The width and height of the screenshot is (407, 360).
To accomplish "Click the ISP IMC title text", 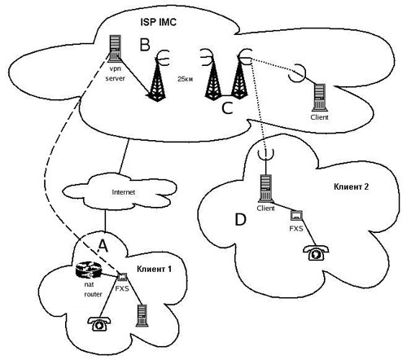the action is click(x=158, y=22).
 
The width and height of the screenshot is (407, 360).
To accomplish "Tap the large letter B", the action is click(x=145, y=45).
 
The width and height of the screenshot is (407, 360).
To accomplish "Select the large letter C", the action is click(x=227, y=108).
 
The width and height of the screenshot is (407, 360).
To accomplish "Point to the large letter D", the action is click(x=240, y=220).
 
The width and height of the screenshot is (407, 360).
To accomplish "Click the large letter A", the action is click(x=103, y=246).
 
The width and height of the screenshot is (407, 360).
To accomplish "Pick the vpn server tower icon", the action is click(x=115, y=49).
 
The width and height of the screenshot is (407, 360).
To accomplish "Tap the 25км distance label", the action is click(x=186, y=80).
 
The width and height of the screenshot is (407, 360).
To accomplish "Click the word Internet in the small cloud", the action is click(x=123, y=192).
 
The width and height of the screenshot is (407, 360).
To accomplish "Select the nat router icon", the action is click(x=89, y=270).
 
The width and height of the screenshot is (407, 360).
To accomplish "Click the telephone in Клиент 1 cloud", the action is click(x=99, y=324).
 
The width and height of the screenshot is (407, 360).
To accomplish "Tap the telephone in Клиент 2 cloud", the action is click(x=316, y=253).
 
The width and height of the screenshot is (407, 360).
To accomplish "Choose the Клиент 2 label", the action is click(x=351, y=187).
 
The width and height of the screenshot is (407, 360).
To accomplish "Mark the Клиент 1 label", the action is click(x=154, y=269).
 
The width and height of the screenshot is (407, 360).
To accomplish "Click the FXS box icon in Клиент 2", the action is click(x=296, y=216).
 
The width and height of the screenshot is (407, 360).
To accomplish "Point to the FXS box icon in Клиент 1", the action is click(x=122, y=277).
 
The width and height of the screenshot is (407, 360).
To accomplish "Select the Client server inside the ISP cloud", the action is click(x=320, y=98).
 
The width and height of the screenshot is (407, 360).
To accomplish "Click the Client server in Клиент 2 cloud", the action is click(x=266, y=189).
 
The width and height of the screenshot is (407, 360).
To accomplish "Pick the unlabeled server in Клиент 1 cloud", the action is click(x=142, y=315).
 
